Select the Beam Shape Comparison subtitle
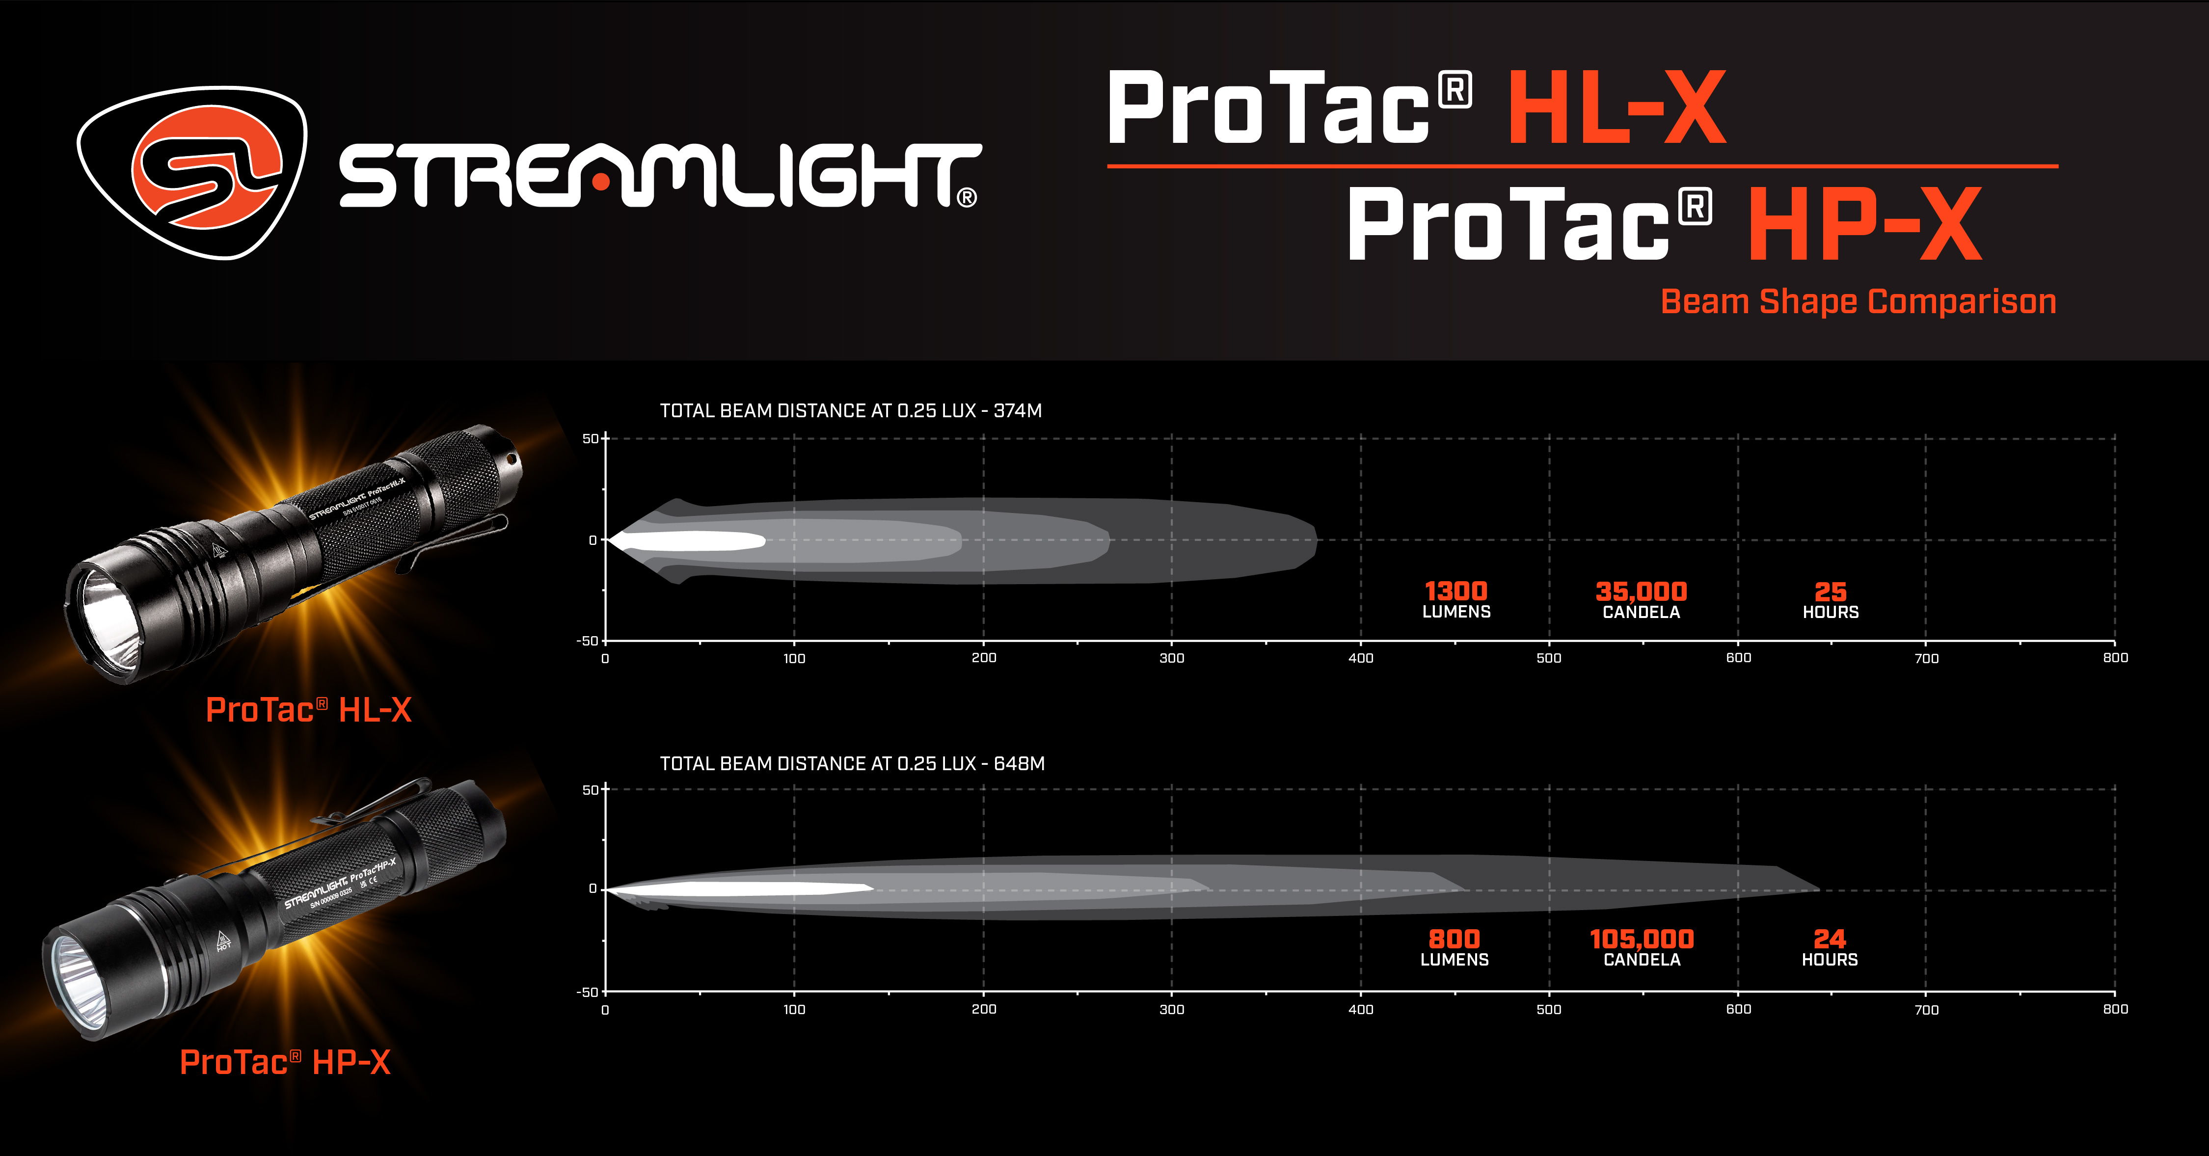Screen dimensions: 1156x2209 (1858, 302)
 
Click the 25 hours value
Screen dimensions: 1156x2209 (1830, 591)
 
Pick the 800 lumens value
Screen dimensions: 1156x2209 (1455, 939)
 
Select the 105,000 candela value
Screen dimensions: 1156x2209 (1642, 939)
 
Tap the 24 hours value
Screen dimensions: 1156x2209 (1829, 939)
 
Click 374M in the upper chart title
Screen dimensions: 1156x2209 (1018, 411)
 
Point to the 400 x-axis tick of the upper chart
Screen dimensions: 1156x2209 (1361, 658)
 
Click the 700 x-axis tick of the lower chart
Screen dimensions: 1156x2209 (1926, 1009)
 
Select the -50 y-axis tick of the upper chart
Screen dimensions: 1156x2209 (588, 641)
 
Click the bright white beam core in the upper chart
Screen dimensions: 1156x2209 (695, 540)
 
